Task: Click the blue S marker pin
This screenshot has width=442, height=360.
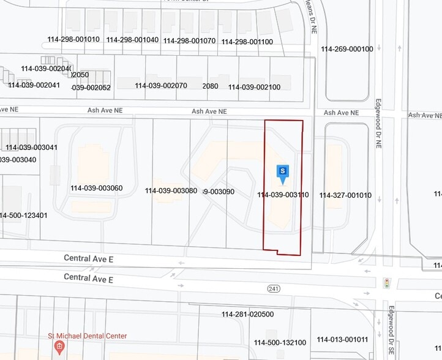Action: [282, 173]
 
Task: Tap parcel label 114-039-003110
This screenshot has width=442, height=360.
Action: [283, 195]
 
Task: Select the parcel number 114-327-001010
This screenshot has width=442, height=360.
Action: [345, 195]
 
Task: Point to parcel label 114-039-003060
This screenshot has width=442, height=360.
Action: [96, 188]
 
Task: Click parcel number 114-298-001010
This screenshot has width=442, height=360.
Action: [73, 39]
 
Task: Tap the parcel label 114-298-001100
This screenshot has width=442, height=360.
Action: [247, 42]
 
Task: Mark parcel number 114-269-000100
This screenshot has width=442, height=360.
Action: [346, 49]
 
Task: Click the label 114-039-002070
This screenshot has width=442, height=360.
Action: [161, 86]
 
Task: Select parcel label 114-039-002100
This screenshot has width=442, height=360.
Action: [254, 87]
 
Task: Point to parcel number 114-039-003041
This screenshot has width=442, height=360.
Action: [32, 147]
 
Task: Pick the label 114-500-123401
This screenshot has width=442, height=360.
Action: [23, 215]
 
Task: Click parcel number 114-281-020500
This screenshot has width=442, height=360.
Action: [247, 314]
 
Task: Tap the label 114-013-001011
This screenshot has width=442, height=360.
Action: [342, 339]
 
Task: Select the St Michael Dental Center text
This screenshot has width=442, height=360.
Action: [88, 336]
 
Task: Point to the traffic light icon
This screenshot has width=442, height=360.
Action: [386, 283]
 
